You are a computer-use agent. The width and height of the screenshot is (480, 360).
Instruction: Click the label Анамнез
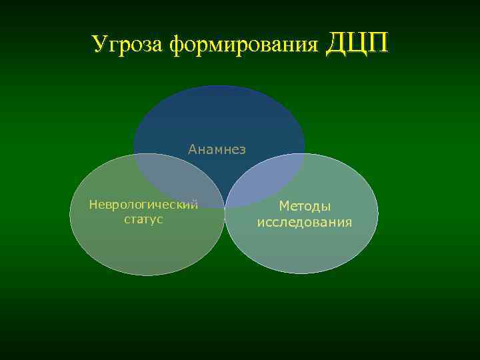tap(217, 149)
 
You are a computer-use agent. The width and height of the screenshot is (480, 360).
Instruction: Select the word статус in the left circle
tap(143, 219)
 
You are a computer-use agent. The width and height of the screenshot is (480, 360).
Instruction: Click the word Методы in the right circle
tap(305, 207)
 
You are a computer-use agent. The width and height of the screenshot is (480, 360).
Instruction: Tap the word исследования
tap(305, 222)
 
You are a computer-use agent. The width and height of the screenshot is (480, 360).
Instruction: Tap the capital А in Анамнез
tap(192, 149)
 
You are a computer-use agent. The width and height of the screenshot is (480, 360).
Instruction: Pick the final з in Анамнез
tap(242, 150)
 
